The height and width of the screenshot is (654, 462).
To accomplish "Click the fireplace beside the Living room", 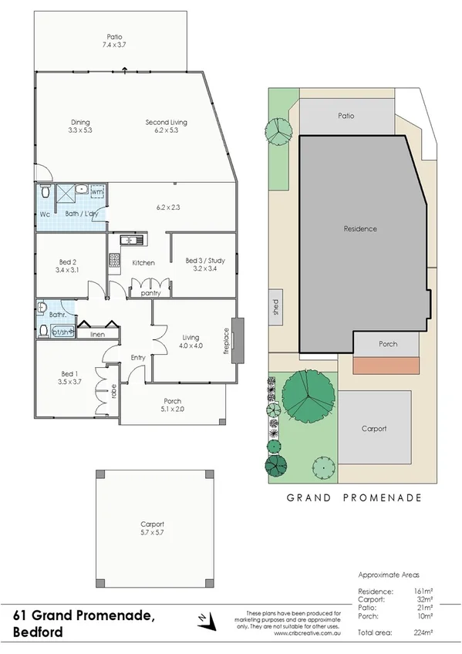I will tap(237, 337).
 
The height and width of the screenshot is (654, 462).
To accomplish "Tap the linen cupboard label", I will tap(97, 335).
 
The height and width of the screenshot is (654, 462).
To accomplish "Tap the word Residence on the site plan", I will tap(360, 229).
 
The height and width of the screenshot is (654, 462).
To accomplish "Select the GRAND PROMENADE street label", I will tap(354, 498).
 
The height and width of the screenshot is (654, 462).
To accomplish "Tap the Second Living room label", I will tap(166, 123).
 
